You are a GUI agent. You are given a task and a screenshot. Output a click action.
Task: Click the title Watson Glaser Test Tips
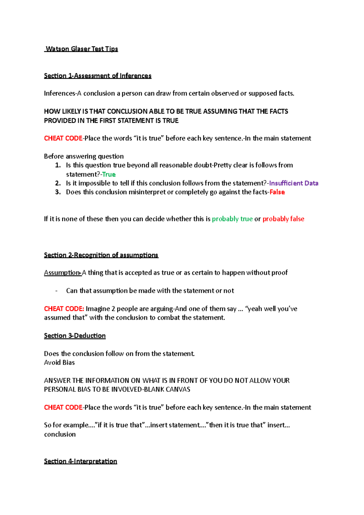click(x=81, y=49)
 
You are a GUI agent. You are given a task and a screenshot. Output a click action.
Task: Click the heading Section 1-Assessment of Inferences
click(x=97, y=76)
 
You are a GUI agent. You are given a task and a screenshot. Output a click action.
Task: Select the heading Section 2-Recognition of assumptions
click(x=101, y=255)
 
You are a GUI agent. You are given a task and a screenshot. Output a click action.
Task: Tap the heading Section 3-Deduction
click(x=75, y=336)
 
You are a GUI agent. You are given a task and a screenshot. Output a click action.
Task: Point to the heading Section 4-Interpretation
click(x=80, y=461)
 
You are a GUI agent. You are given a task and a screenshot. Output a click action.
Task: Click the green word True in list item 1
click(x=109, y=174)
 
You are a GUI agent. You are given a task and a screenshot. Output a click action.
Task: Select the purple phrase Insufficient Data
click(x=294, y=183)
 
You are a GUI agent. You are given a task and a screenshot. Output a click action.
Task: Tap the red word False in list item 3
click(x=277, y=192)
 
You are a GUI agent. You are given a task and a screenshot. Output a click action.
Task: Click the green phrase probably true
click(x=232, y=219)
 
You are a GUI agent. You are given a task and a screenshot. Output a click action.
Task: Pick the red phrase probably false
click(x=283, y=219)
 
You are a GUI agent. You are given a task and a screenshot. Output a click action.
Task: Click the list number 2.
click(x=58, y=183)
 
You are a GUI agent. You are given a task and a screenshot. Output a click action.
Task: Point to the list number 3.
click(x=58, y=192)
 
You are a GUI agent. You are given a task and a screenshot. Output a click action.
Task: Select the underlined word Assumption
click(x=62, y=273)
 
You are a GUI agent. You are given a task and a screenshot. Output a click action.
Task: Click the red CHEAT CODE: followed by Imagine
click(x=64, y=309)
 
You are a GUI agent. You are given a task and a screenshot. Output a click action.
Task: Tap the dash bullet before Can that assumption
click(x=56, y=291)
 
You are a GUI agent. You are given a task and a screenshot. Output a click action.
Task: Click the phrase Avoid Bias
click(x=59, y=363)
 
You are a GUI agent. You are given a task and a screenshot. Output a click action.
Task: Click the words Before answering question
click(x=84, y=157)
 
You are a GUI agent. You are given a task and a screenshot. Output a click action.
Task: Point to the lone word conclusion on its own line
click(x=60, y=434)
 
